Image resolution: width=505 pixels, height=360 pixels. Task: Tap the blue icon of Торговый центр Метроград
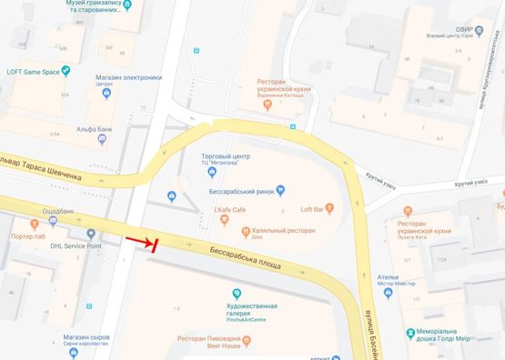tap(212, 172)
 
